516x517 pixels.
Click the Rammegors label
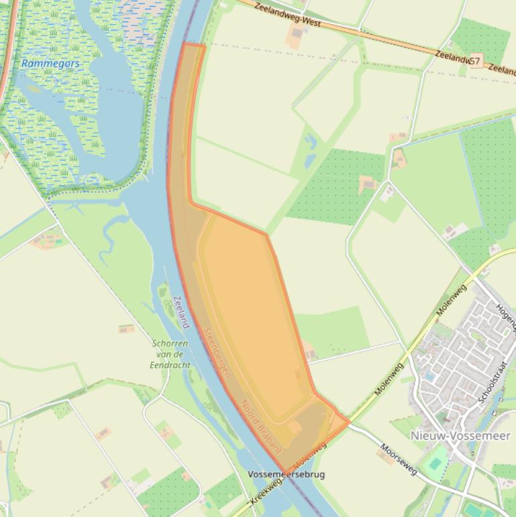tap(50, 64)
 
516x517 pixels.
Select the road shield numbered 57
tap(474, 62)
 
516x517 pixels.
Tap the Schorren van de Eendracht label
tap(170, 354)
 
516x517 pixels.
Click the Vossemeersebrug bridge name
tap(286, 475)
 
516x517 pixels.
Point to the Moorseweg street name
tap(399, 459)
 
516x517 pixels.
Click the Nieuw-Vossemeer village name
tap(460, 436)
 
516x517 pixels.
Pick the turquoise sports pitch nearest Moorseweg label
tap(437, 463)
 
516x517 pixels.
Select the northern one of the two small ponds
tap(310, 142)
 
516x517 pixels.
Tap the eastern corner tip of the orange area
tap(349, 422)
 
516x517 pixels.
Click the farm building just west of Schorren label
tap(125, 328)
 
